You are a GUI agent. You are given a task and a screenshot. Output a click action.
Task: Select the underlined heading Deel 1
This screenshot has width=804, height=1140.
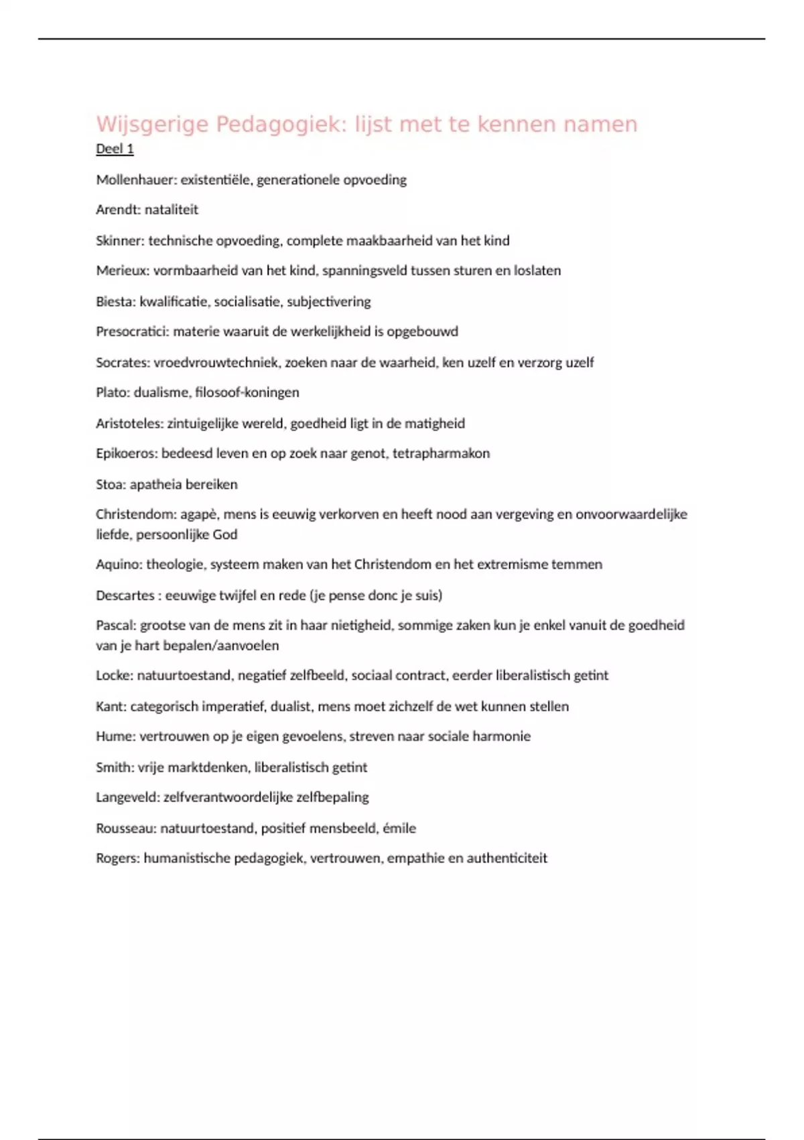(115, 149)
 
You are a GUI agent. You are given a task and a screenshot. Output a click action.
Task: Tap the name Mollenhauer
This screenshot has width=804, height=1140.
(135, 180)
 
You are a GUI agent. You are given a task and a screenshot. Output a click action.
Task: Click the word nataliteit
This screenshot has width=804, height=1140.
(172, 210)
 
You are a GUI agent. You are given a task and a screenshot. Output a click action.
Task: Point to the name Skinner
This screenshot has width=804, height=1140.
(119, 241)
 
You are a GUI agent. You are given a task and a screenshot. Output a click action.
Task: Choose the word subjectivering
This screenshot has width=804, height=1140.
(328, 302)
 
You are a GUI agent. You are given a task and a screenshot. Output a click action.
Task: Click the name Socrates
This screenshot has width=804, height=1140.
(122, 363)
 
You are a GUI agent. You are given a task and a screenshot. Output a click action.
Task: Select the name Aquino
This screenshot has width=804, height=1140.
(117, 565)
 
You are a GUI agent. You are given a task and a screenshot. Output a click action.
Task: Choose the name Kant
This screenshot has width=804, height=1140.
(109, 706)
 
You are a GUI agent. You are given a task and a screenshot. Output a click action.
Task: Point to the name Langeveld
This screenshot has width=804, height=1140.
(127, 797)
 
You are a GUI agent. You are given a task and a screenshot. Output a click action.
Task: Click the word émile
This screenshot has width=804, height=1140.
(399, 828)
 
